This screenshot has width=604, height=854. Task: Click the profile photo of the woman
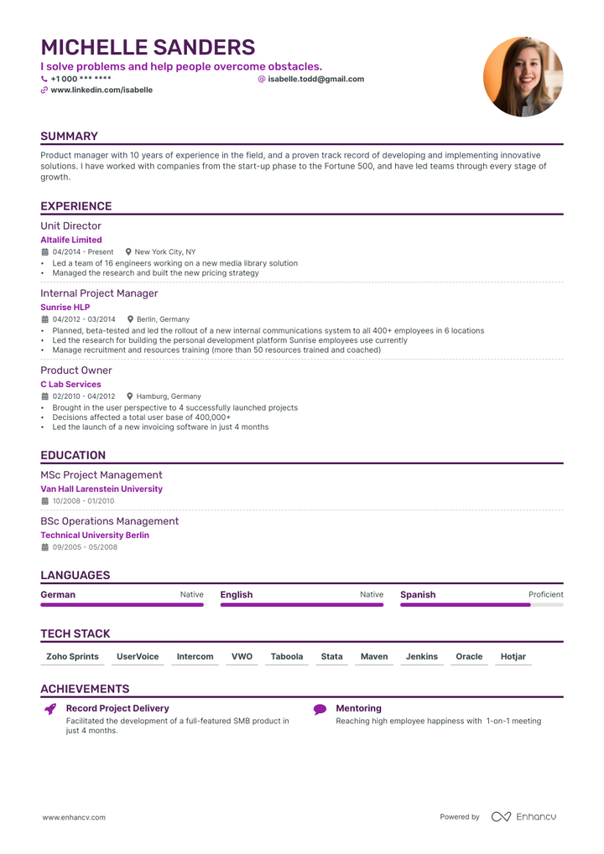click(523, 76)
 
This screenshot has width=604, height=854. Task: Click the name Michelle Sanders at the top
click(148, 47)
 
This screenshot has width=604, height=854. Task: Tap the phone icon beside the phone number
click(44, 79)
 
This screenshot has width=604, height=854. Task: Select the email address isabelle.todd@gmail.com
click(315, 79)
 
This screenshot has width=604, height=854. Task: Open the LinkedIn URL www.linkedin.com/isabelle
click(102, 90)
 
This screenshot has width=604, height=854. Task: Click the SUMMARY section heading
click(69, 136)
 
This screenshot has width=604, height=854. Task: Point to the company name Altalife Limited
click(71, 240)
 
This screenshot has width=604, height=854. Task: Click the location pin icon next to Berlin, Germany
click(130, 319)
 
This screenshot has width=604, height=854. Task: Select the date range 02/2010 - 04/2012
click(84, 396)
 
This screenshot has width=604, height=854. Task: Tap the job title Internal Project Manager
click(99, 293)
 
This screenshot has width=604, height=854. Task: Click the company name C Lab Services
click(70, 384)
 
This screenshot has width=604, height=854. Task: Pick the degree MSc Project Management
click(102, 474)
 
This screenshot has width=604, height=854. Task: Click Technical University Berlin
click(95, 535)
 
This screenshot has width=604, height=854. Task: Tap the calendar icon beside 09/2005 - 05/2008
click(45, 547)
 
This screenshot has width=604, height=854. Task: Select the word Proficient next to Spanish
click(545, 594)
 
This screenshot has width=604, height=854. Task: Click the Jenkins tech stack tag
click(422, 656)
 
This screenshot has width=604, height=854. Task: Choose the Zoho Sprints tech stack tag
click(72, 656)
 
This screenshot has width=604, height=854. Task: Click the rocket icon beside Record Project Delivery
click(50, 709)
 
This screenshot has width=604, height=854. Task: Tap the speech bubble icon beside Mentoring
click(320, 709)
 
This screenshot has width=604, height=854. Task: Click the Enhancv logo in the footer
click(523, 816)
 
